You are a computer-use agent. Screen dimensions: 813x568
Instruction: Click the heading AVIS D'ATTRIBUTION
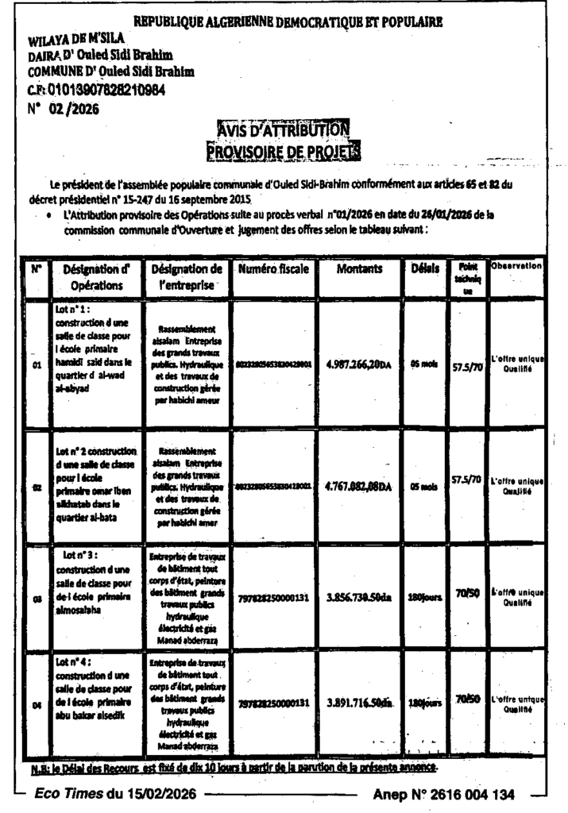[x=283, y=129]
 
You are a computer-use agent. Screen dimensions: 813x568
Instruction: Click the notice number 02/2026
[x=74, y=110]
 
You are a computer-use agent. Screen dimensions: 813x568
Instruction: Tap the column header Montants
[x=359, y=269]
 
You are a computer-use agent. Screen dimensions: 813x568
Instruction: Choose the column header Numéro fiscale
[x=272, y=269]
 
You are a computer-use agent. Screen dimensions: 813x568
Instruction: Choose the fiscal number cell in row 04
[x=272, y=703]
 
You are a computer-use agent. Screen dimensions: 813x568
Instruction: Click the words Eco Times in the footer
[x=69, y=793]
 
